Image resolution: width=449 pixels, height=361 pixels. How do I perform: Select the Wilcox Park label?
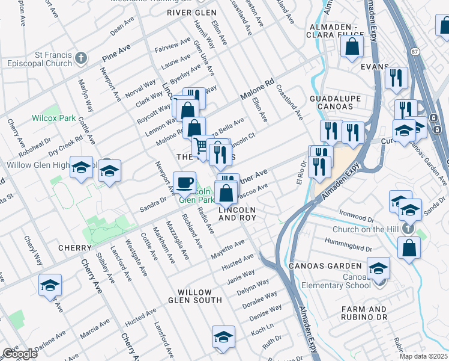[54, 118]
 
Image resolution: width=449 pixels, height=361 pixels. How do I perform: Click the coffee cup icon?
[184, 182]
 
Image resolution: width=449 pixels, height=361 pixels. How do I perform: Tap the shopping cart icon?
[200, 146]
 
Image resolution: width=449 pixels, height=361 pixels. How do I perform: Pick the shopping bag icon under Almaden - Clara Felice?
[352, 46]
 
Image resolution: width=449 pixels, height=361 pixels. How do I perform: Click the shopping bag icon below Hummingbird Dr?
[409, 248]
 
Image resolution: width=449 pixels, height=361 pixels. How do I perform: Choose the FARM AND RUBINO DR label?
[372, 313]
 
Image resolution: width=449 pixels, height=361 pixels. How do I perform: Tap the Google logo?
[20, 354]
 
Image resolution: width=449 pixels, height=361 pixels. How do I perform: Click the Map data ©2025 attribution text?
[423, 356]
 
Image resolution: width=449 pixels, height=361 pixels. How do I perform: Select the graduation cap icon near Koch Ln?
[223, 337]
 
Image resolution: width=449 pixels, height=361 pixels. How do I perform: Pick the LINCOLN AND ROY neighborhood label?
[237, 214]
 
